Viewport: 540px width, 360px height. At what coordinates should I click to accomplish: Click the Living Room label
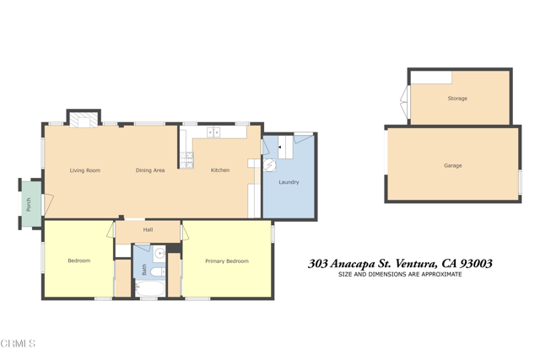(85, 170)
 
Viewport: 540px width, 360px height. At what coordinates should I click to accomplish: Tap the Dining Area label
(150, 170)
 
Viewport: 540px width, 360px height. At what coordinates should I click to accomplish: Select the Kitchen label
(220, 170)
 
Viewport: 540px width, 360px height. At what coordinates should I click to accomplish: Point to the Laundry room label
(289, 182)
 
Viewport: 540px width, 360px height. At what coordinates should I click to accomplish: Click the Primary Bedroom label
(227, 261)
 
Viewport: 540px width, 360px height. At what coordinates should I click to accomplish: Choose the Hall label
(148, 229)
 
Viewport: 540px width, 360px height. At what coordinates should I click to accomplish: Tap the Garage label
(452, 165)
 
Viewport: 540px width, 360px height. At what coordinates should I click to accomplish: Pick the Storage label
(457, 99)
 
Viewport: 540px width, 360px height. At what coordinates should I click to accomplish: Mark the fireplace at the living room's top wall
(84, 119)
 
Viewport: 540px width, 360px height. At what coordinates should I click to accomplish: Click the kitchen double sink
(213, 132)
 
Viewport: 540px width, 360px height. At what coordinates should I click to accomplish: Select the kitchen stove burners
(186, 160)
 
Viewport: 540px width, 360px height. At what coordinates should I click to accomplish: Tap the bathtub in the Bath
(150, 288)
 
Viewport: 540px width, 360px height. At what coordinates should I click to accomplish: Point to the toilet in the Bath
(158, 271)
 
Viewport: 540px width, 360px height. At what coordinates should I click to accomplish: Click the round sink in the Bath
(160, 254)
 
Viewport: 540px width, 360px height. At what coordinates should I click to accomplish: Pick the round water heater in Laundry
(270, 165)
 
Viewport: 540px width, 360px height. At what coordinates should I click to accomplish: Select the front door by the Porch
(48, 205)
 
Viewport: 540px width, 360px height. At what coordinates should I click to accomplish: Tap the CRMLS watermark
(18, 343)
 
